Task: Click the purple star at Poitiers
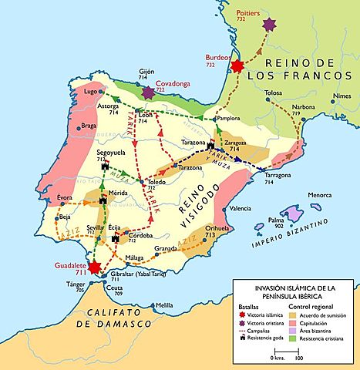(x=269, y=26)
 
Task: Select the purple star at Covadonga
(x=148, y=92)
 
